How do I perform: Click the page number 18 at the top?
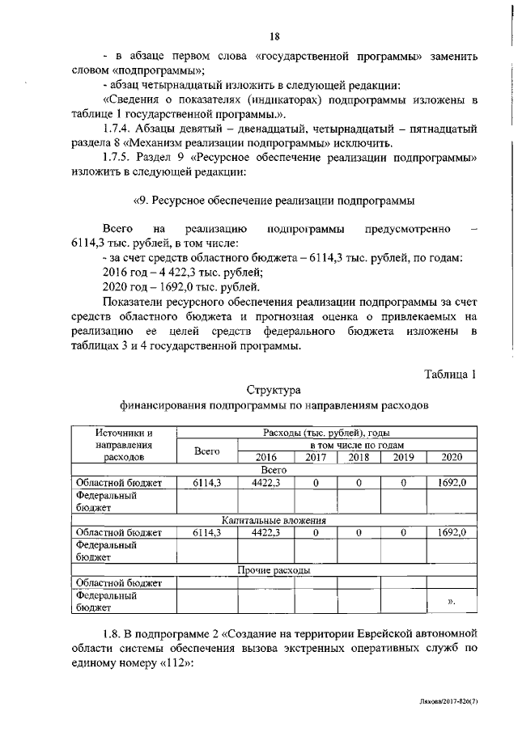[x=274, y=36]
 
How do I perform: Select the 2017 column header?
[x=316, y=457]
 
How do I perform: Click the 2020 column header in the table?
[x=452, y=457]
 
